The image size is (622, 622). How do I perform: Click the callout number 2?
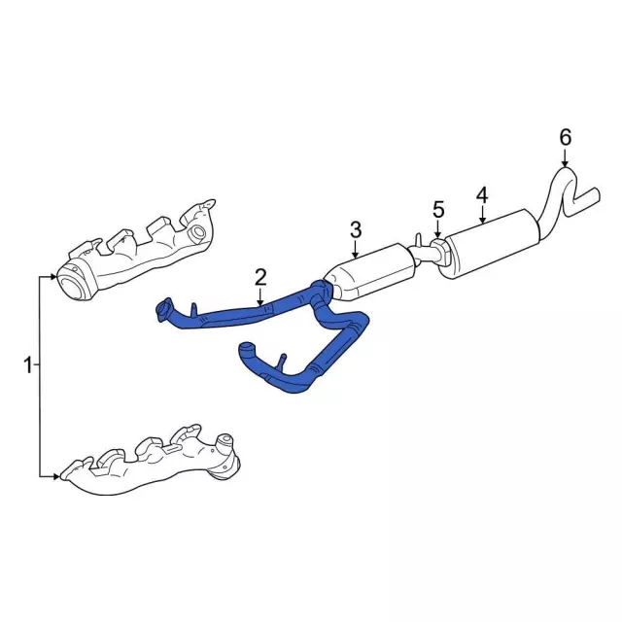point(260,277)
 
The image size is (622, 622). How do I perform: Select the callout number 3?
point(356,229)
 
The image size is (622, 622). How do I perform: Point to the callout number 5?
point(438,209)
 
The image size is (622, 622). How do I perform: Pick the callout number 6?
point(565,137)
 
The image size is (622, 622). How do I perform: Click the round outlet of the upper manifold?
point(70,284)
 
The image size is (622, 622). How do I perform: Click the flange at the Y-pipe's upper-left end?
point(164,311)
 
